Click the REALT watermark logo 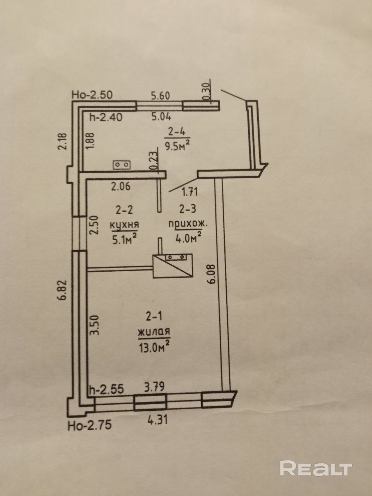(316, 468)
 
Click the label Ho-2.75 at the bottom (90, 425)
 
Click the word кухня (124, 224)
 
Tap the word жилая (154, 332)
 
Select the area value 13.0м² (154, 344)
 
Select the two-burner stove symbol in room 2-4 (123, 165)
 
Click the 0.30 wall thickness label (206, 91)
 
